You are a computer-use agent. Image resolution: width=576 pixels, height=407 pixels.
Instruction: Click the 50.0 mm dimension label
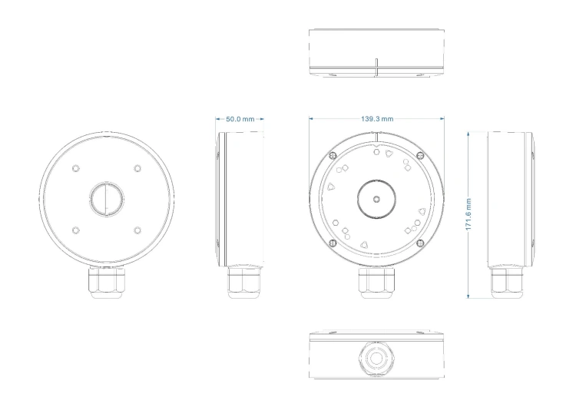[x=240, y=119]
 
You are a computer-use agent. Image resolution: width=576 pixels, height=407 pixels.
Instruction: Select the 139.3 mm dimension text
[x=377, y=119]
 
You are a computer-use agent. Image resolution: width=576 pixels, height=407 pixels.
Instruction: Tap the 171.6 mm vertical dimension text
[x=468, y=214]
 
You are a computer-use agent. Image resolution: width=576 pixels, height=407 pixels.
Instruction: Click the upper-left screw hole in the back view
[x=75, y=168]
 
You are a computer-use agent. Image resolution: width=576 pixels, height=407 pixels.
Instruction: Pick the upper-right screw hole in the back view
[x=137, y=168]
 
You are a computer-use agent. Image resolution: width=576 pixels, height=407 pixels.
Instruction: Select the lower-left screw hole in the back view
[x=75, y=230]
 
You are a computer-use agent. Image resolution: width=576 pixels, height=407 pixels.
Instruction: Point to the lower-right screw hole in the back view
[x=137, y=230]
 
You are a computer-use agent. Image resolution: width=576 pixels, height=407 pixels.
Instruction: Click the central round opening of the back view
[x=107, y=199]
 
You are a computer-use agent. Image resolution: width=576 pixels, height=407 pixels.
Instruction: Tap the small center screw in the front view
[x=376, y=199]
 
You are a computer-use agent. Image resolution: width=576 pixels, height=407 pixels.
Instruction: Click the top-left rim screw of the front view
[x=333, y=155]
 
